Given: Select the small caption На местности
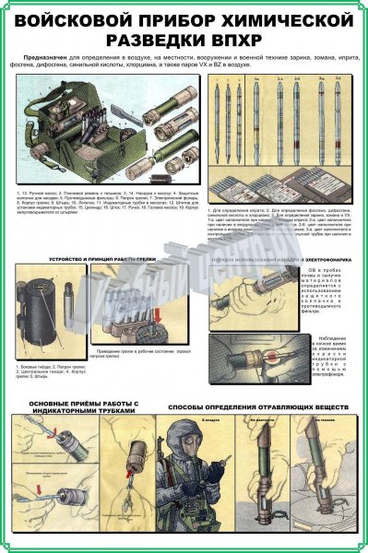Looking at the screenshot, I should coord(265,419).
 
